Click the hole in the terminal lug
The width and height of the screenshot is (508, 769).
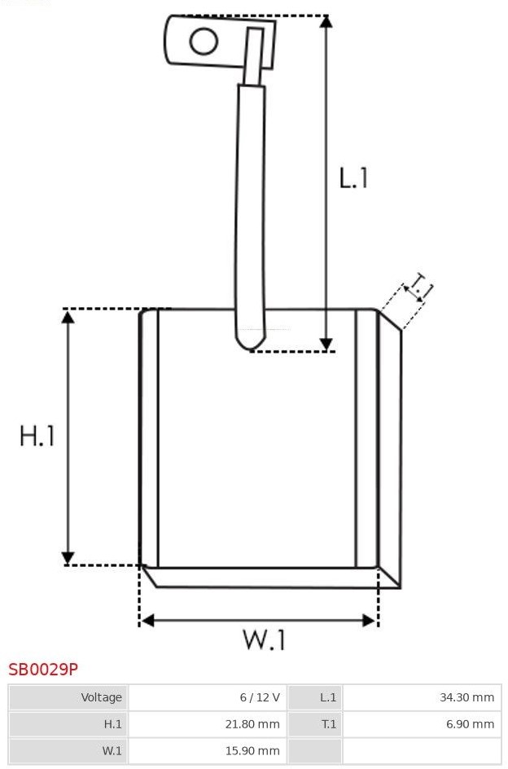pyautogui.click(x=204, y=42)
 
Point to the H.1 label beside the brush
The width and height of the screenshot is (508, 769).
pyautogui.click(x=37, y=436)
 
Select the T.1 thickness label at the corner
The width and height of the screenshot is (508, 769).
pyautogui.click(x=418, y=286)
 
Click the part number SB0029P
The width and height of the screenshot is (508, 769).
pyautogui.click(x=43, y=669)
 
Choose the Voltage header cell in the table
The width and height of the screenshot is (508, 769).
pyautogui.click(x=102, y=697)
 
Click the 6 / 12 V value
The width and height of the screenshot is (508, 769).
pyautogui.click(x=260, y=697)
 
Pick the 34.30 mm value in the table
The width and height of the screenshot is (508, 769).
pyautogui.click(x=466, y=697)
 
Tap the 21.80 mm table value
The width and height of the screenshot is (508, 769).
pyautogui.click(x=252, y=724)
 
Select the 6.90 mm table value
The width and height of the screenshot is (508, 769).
pyautogui.click(x=471, y=724)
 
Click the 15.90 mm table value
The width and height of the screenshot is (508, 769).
pyautogui.click(x=252, y=751)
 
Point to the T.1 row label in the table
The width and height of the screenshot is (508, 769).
pyautogui.click(x=329, y=724)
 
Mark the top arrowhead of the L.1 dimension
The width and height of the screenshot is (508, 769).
pyautogui.click(x=326, y=21)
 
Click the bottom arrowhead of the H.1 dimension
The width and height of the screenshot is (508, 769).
pyautogui.click(x=68, y=558)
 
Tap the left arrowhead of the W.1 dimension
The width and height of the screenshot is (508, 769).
pyautogui.click(x=147, y=621)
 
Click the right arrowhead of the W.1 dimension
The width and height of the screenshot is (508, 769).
pyautogui.click(x=370, y=621)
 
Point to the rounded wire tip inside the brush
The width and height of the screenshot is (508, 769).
pyautogui.click(x=250, y=342)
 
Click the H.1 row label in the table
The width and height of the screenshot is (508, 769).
pyautogui.click(x=112, y=724)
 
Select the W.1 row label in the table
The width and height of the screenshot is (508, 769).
pyautogui.click(x=112, y=751)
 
